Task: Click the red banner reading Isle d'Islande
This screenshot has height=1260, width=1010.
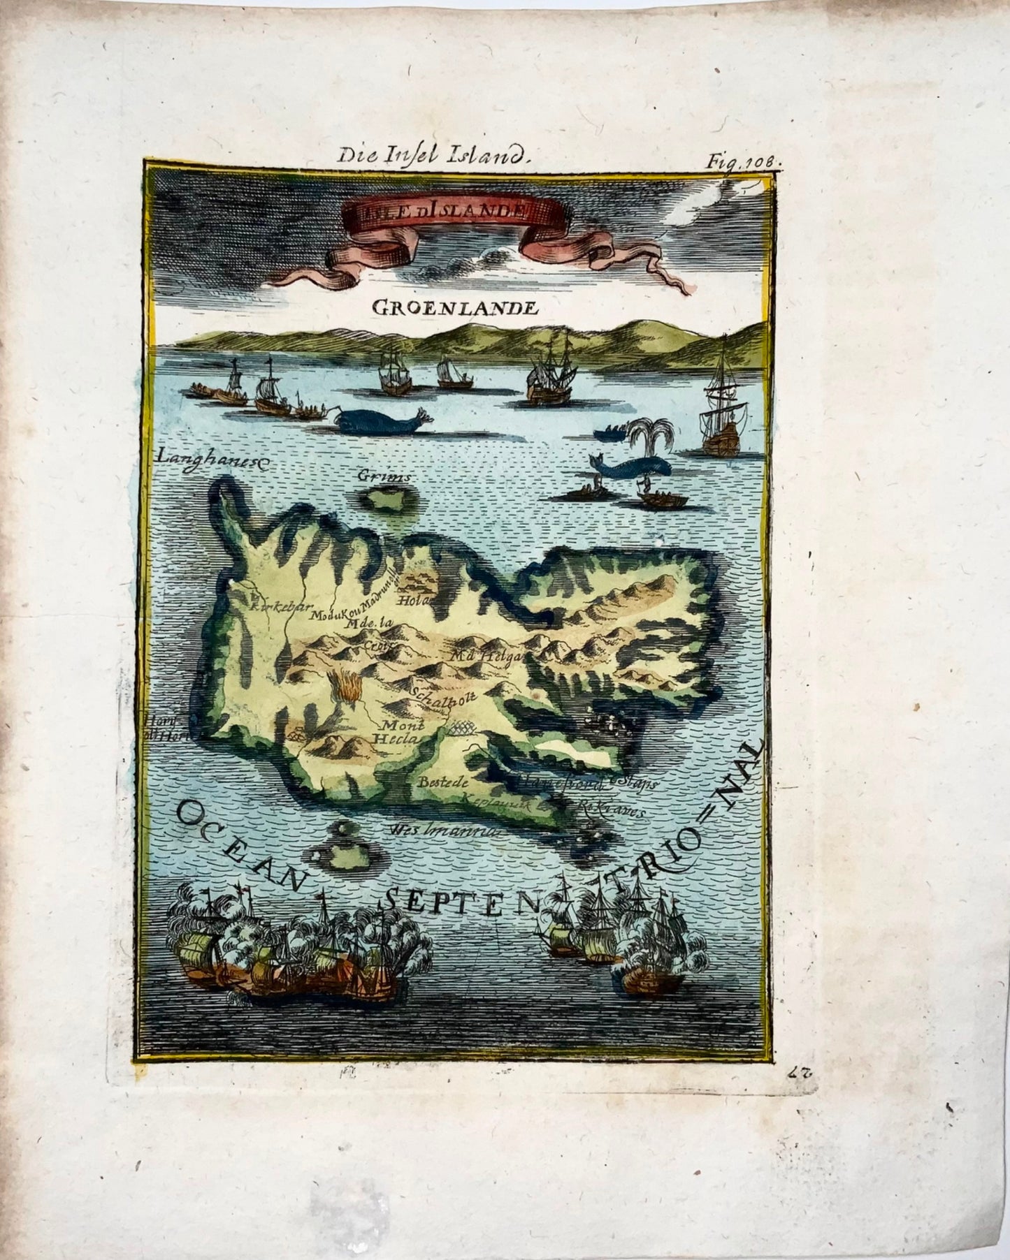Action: (437, 210)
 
